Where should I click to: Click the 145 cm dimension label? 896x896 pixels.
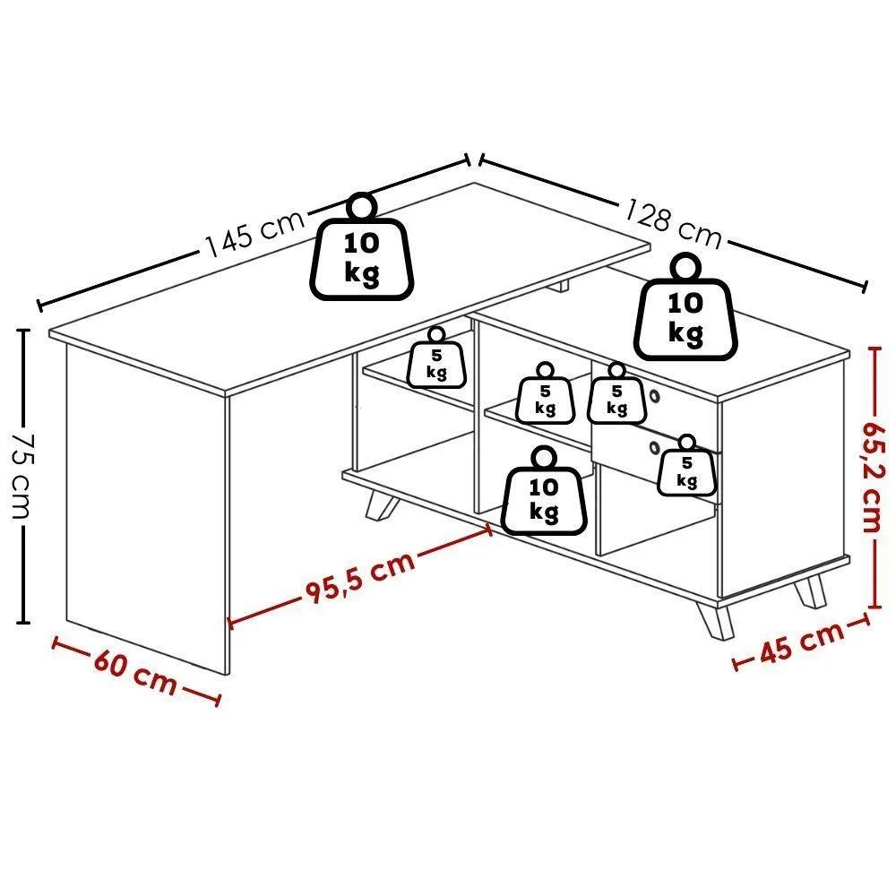click(x=255, y=233)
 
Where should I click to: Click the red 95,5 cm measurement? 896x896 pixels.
click(x=359, y=577)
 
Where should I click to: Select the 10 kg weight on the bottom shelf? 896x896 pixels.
click(x=544, y=491)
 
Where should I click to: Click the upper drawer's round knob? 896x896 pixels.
click(x=655, y=395)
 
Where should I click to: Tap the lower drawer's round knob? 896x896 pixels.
click(x=655, y=447)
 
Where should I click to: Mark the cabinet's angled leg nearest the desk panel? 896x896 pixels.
click(x=382, y=504)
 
